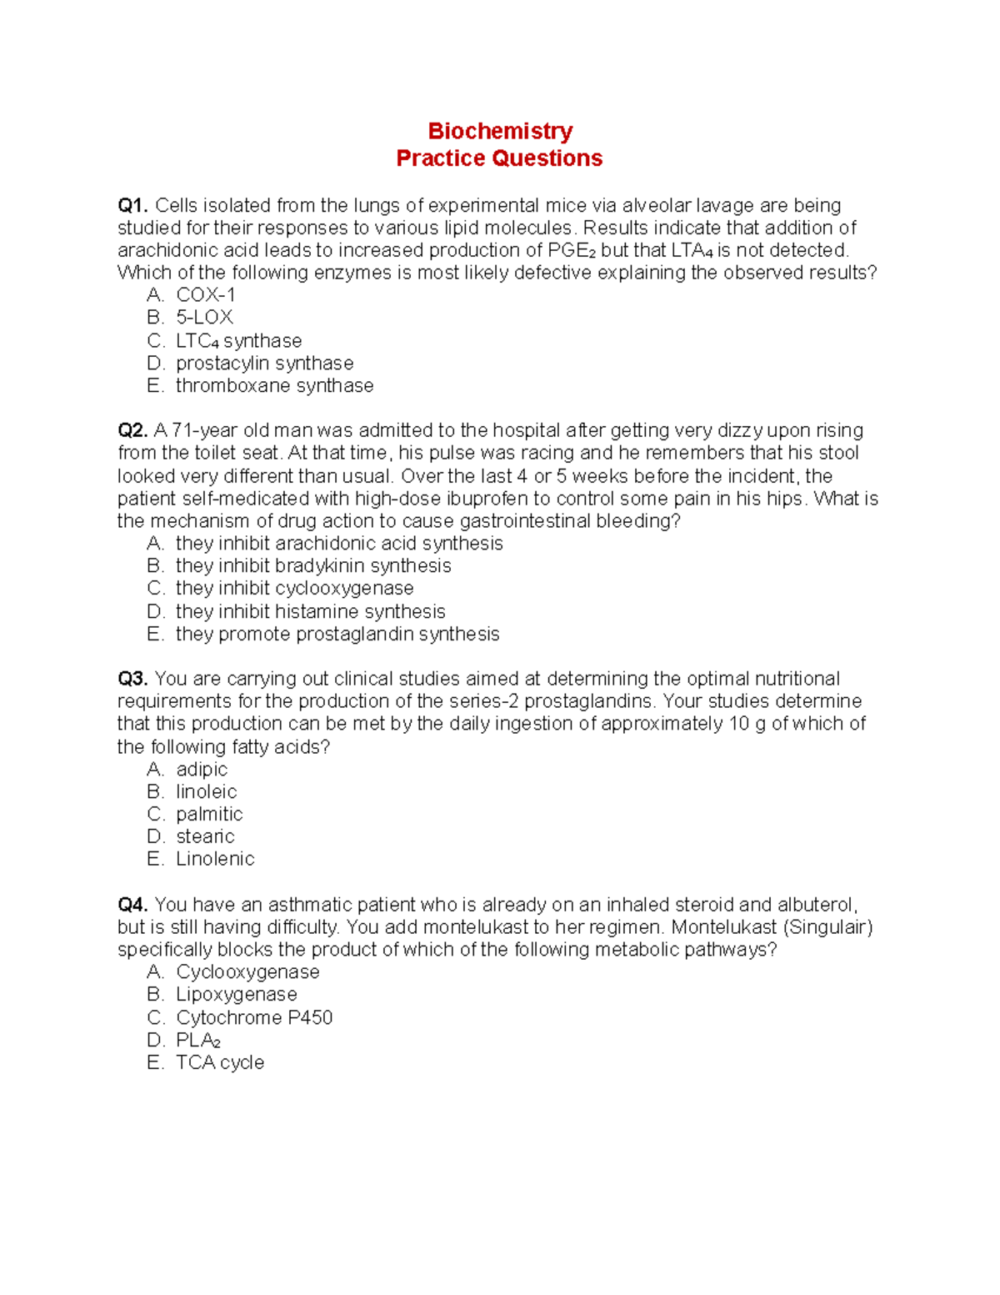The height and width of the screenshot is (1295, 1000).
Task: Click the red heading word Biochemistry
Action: [x=500, y=131]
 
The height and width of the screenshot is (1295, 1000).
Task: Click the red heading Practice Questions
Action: [x=499, y=158]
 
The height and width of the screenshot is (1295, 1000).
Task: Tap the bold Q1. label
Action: [x=133, y=205]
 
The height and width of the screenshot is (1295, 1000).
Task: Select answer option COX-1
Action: [x=205, y=295]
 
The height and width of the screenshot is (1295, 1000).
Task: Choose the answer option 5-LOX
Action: [x=204, y=318]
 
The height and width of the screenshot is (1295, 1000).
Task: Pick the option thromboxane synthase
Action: [x=274, y=386]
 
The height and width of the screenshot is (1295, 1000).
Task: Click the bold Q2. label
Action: [x=133, y=430]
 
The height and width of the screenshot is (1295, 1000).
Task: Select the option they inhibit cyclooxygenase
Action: [x=294, y=589]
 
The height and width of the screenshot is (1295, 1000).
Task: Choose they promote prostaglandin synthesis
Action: [x=337, y=634]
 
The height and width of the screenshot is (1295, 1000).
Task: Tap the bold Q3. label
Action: [x=133, y=679]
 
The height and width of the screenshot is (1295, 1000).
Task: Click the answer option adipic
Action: [x=201, y=769]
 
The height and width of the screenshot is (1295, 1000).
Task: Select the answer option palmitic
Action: [x=209, y=814]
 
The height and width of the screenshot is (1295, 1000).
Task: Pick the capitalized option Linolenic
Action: [x=215, y=859]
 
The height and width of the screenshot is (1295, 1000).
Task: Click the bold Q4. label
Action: [x=133, y=905]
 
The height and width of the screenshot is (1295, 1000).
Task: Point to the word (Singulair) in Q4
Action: [x=827, y=927]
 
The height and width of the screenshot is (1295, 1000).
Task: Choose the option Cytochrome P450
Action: [x=254, y=1017]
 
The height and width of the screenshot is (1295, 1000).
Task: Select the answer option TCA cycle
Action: [x=219, y=1062]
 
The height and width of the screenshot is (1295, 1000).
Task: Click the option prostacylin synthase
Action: [x=264, y=364]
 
